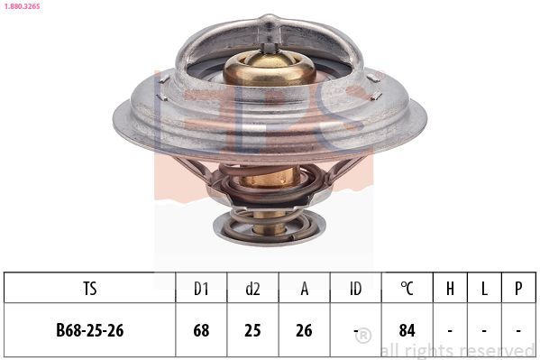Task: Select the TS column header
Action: (x=89, y=289)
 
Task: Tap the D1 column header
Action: (x=201, y=289)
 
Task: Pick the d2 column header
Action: (x=252, y=289)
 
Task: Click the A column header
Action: (x=305, y=289)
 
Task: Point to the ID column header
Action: (x=356, y=289)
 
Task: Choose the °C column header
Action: (x=407, y=289)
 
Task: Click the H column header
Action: (x=450, y=289)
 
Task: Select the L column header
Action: (x=484, y=289)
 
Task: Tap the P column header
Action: (x=518, y=289)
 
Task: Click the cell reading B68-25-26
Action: (x=89, y=330)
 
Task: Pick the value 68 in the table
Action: (x=201, y=330)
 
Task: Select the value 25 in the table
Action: (x=252, y=330)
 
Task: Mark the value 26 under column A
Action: (x=305, y=330)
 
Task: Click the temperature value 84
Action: (x=407, y=330)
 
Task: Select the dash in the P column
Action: (x=518, y=330)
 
